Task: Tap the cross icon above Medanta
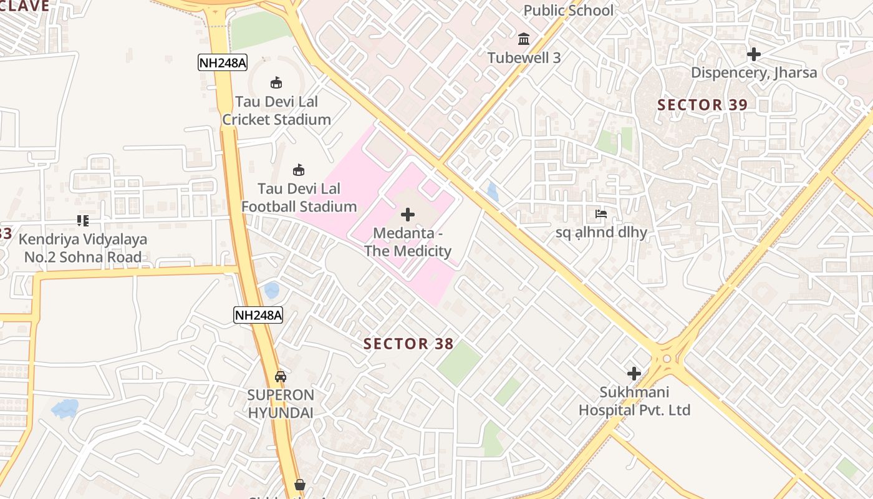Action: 408,215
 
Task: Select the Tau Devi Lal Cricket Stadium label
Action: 276,110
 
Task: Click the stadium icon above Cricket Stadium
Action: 276,82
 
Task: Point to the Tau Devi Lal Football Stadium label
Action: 299,197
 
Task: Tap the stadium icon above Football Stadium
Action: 299,170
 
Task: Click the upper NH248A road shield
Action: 223,62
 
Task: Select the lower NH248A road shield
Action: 258,315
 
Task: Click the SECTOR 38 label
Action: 408,344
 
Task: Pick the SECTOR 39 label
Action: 702,105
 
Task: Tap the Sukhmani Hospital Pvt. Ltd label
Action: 634,401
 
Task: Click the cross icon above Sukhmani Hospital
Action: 634,374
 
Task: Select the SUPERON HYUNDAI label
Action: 281,404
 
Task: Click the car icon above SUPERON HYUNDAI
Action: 281,376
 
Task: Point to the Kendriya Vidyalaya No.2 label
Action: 83,248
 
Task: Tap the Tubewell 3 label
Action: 524,58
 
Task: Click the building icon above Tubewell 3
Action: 524,39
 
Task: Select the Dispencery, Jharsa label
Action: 753,72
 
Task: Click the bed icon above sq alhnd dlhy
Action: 601,214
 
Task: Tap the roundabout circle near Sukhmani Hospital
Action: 667,359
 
